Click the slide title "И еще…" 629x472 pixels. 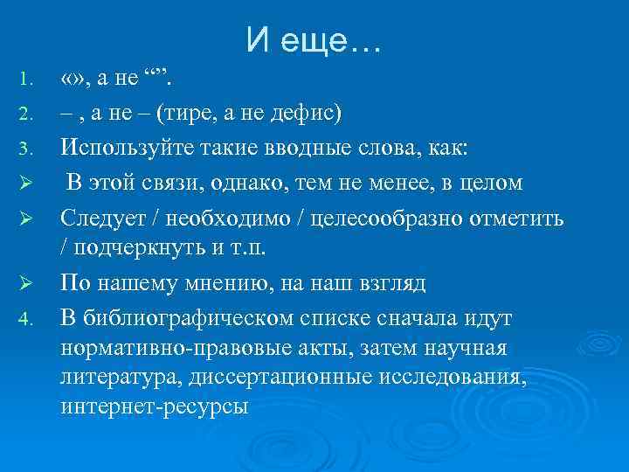click(314, 38)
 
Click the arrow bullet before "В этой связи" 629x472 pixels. click(25, 183)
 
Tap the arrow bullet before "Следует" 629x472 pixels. click(25, 217)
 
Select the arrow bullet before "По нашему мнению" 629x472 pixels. click(25, 284)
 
